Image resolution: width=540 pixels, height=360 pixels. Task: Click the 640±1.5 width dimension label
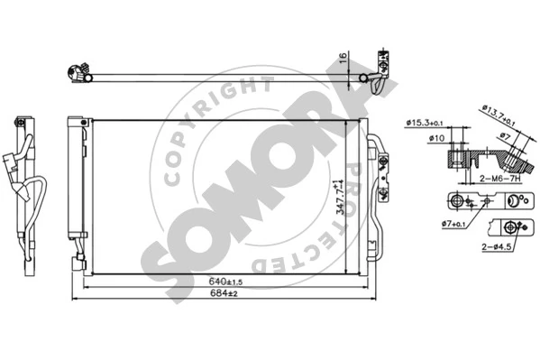click(225, 281)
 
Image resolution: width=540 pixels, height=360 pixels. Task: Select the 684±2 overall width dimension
click(224, 293)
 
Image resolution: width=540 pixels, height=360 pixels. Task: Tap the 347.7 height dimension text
click(340, 198)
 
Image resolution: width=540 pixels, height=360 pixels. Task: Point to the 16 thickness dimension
click(343, 58)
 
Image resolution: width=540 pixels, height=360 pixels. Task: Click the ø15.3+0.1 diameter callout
click(425, 123)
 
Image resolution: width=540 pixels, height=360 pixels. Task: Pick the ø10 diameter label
click(436, 138)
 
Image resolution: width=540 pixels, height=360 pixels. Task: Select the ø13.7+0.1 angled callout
click(499, 115)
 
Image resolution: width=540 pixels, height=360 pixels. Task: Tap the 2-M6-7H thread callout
click(500, 179)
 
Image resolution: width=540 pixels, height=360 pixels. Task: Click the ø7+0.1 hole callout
click(453, 224)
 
